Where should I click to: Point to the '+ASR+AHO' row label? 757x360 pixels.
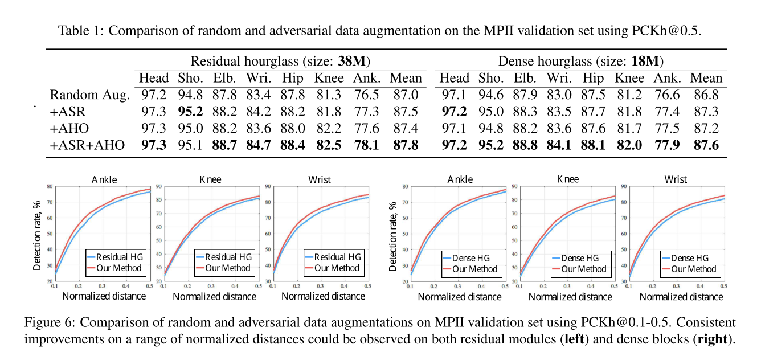pos(87,145)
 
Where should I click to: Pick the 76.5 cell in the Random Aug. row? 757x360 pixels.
pos(367,95)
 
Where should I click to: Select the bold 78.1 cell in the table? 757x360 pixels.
pos(367,145)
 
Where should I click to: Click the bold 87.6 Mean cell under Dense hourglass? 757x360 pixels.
pos(706,145)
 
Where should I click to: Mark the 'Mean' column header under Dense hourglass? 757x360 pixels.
pos(706,78)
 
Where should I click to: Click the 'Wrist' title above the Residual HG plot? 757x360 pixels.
pos(319,179)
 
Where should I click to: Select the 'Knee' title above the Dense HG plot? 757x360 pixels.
pos(567,179)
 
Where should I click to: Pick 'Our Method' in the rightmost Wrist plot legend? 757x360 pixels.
pos(693,269)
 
